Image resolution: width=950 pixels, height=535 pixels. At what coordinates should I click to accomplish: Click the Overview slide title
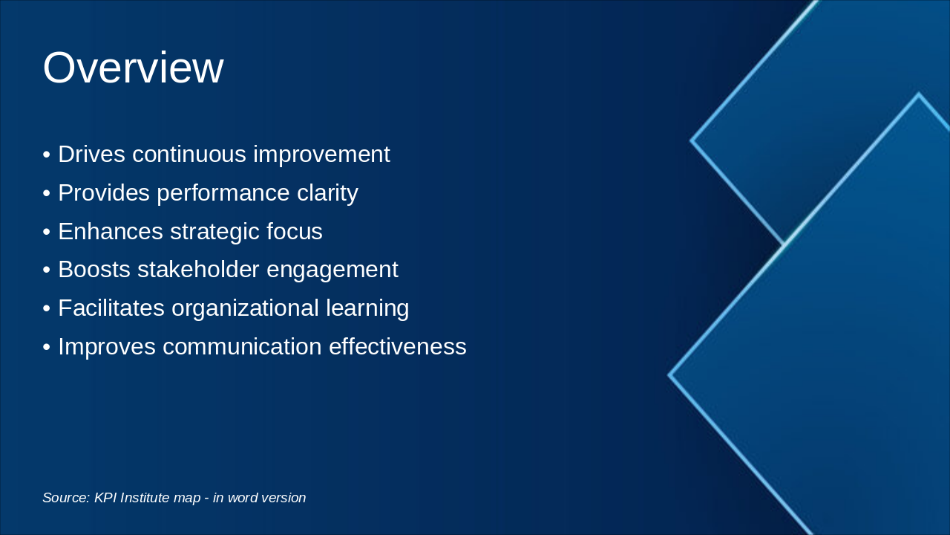click(133, 68)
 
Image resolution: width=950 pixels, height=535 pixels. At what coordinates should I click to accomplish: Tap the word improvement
click(321, 155)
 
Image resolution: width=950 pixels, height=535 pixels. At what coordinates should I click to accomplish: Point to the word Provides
click(104, 193)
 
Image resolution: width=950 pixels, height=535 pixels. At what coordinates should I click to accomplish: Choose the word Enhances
click(111, 232)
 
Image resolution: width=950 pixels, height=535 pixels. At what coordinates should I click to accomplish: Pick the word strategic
click(214, 232)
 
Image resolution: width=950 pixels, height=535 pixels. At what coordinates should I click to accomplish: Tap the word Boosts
click(94, 270)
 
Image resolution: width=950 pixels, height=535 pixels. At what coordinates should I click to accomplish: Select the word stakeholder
click(197, 270)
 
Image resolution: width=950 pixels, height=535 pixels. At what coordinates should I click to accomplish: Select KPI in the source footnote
click(105, 498)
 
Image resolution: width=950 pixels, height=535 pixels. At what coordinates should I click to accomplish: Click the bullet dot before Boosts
click(47, 270)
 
